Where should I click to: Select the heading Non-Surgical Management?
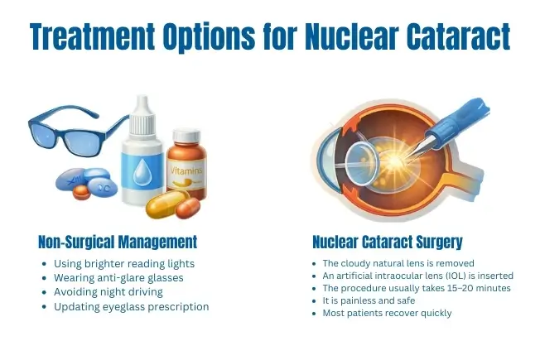[x=118, y=242]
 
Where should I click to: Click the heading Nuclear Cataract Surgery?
[x=388, y=242]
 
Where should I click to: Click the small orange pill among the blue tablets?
[x=81, y=192]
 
